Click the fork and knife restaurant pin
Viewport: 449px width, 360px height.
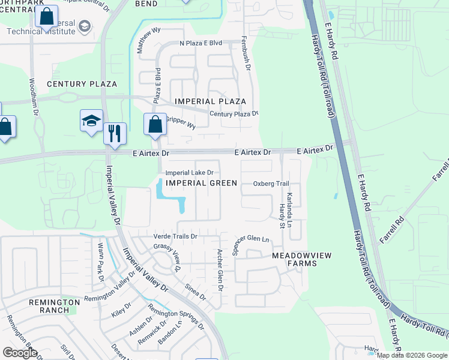[114, 133]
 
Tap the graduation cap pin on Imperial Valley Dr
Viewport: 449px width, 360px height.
[92, 121]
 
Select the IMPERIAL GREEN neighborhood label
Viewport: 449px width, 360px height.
[201, 182]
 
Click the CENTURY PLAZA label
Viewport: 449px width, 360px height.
[82, 84]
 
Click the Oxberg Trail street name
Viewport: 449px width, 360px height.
[271, 184]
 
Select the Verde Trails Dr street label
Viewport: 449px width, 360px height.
[175, 236]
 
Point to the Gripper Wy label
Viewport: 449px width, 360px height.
[180, 124]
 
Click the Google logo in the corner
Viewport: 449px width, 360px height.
[20, 352]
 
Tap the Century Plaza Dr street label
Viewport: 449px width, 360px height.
[234, 113]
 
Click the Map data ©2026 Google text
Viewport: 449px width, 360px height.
[412, 355]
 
